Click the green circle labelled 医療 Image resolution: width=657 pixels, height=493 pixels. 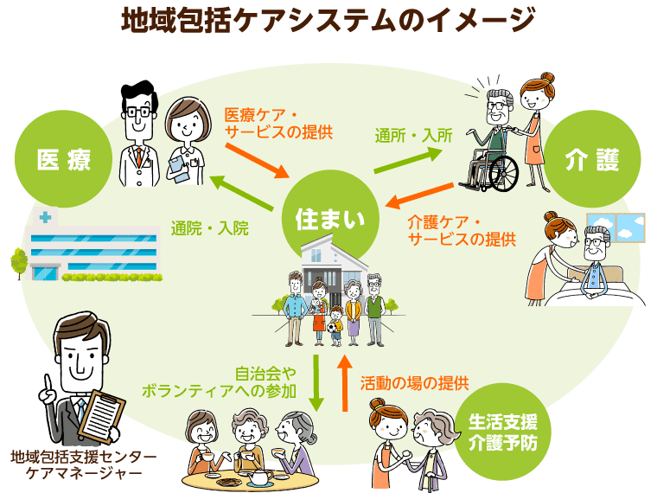coord(64,159)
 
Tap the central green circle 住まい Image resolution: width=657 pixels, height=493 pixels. coord(325,217)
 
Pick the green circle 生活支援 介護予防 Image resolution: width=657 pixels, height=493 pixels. coord(503,433)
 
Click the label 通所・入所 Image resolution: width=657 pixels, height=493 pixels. coord(413,136)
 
